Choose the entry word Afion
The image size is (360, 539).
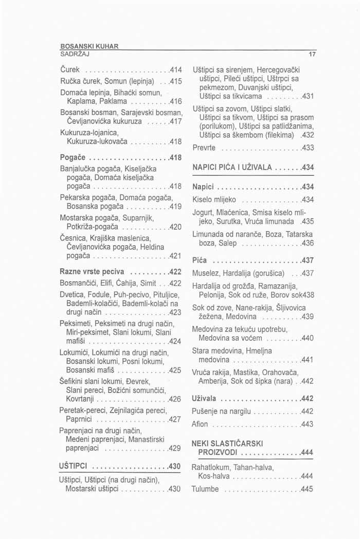click(x=200, y=424)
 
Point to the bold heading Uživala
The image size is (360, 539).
click(x=204, y=399)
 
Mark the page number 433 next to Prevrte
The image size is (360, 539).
click(x=307, y=148)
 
